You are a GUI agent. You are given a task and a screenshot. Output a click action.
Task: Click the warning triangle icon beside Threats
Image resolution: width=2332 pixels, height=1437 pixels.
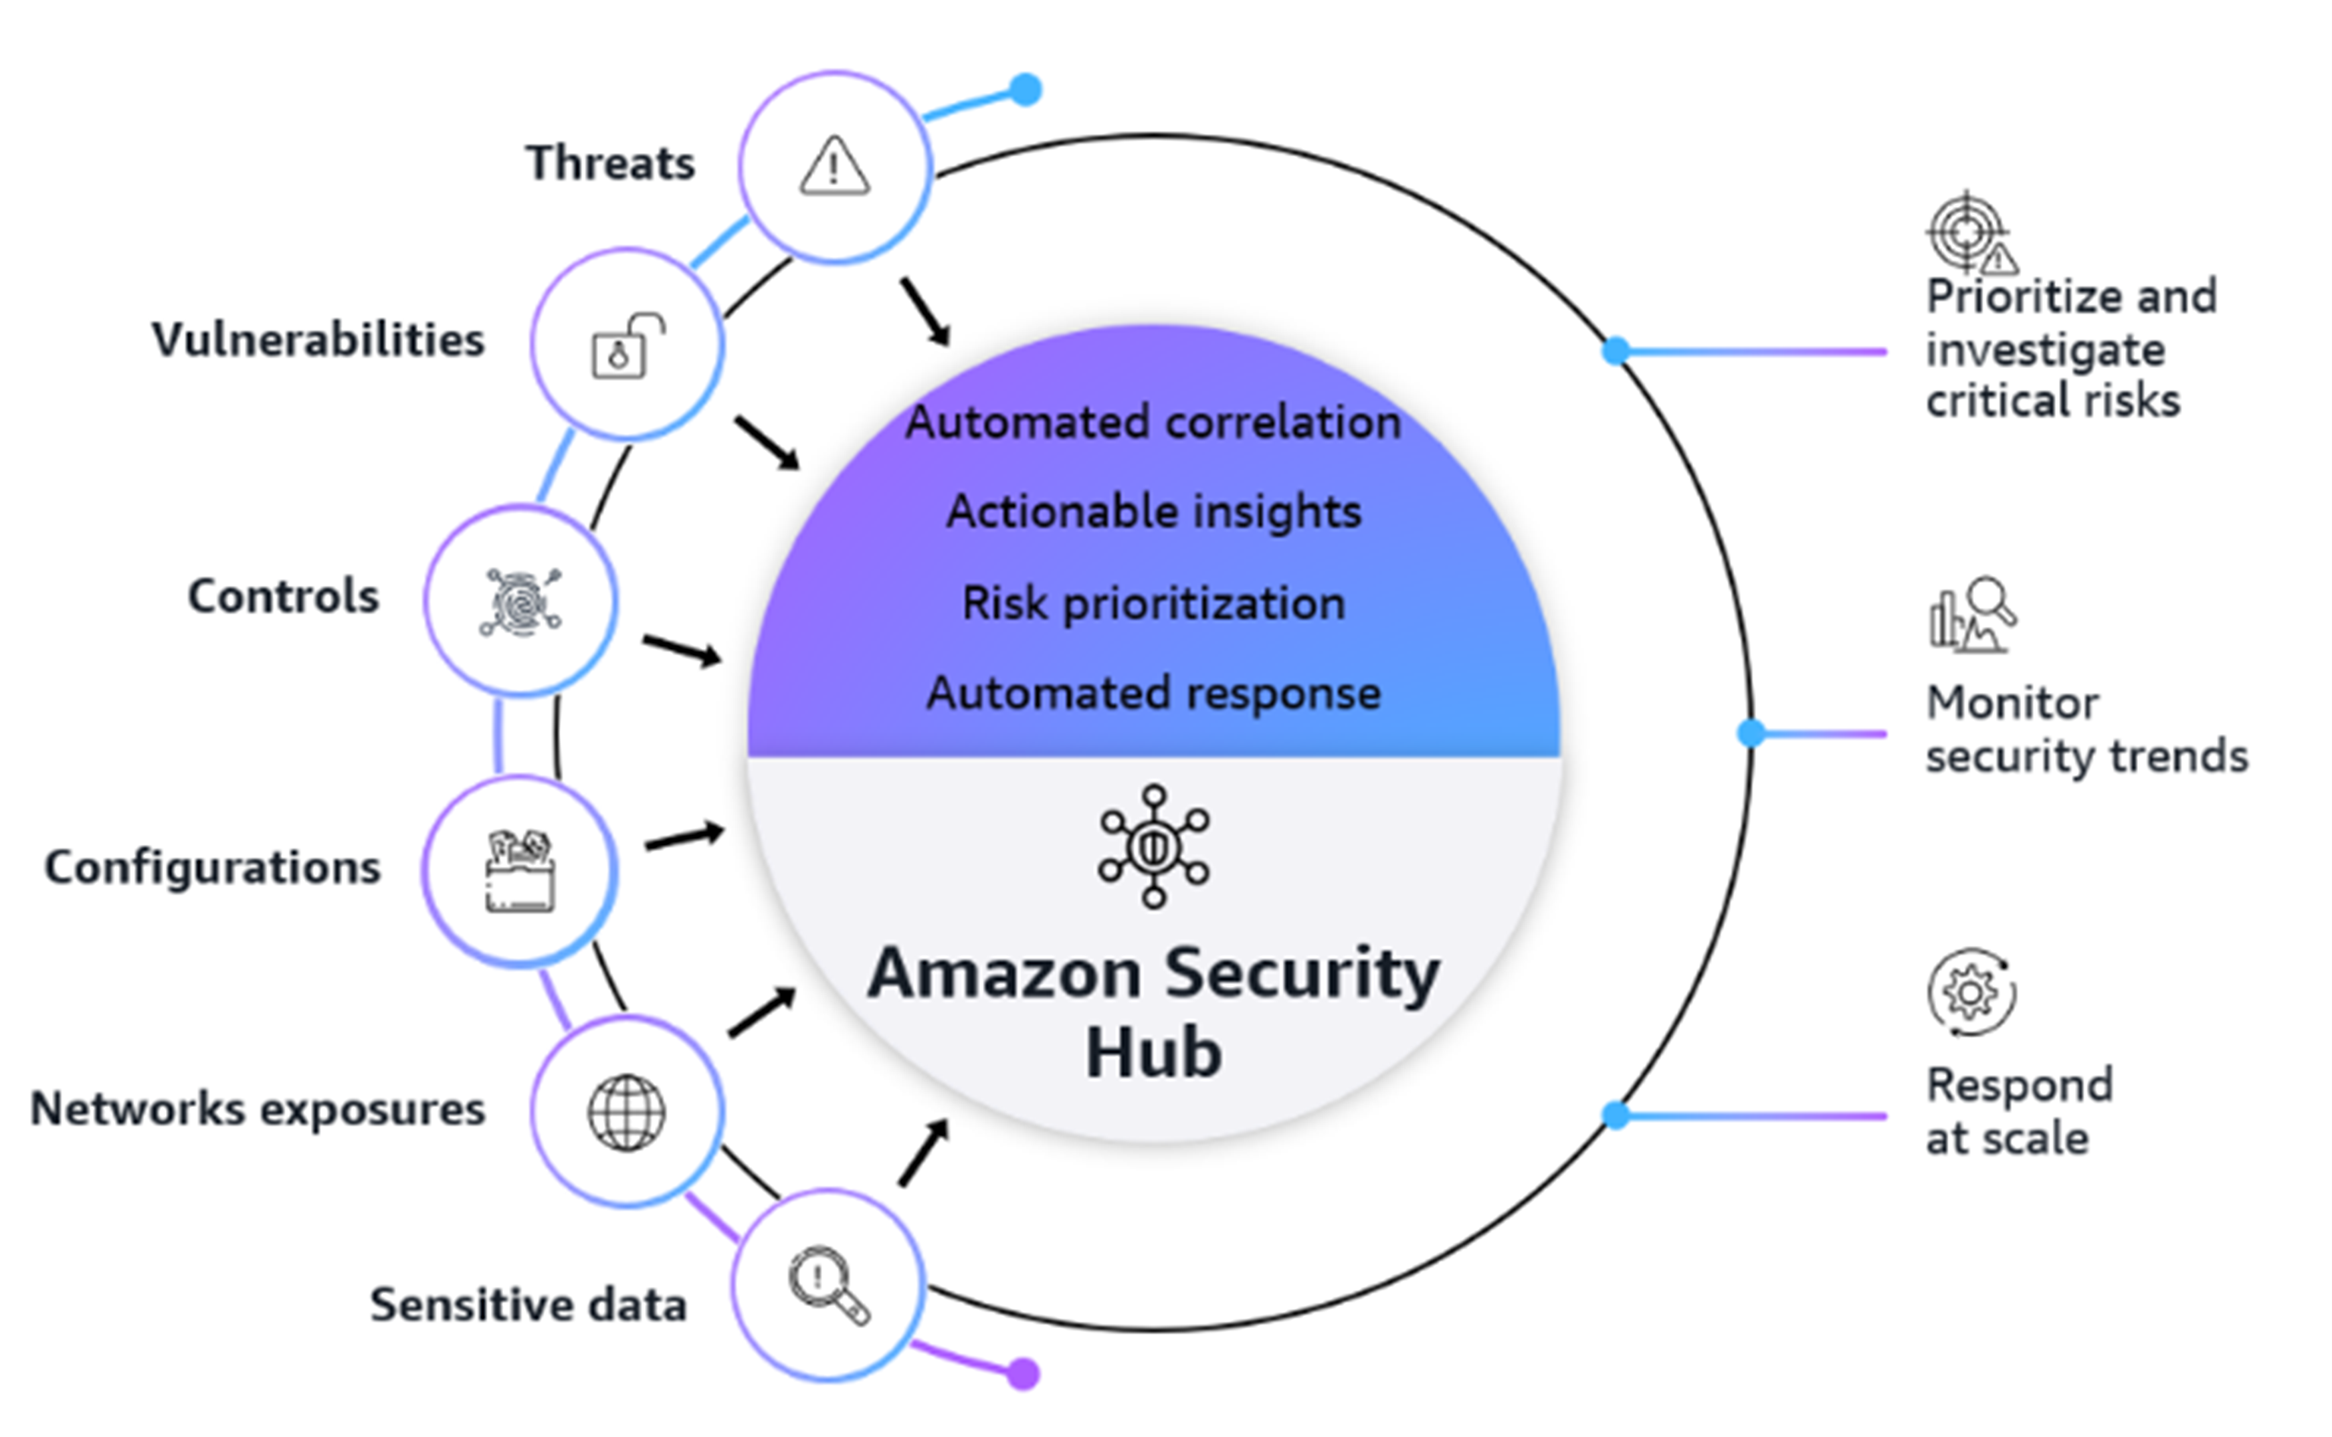pos(834,167)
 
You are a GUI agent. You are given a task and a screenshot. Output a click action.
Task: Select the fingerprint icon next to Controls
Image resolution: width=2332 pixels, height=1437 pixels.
pos(520,601)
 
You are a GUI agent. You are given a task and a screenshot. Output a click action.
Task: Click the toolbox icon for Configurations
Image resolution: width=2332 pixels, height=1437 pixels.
pos(520,872)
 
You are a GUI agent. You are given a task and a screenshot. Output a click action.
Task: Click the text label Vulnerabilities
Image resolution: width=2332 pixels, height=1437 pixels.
pos(318,341)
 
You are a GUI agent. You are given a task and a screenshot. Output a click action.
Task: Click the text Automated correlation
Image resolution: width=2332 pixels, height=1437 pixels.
pos(1153,422)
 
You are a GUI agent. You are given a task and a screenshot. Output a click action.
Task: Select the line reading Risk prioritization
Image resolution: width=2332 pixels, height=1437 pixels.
pos(1153,603)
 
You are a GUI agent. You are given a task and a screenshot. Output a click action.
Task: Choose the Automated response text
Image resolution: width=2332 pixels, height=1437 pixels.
pos(1153,693)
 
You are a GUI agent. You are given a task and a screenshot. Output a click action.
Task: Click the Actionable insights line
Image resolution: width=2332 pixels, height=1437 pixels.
pos(1153,511)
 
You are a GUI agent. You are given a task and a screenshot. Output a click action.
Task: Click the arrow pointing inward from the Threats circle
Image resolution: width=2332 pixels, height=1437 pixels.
pos(926,312)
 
